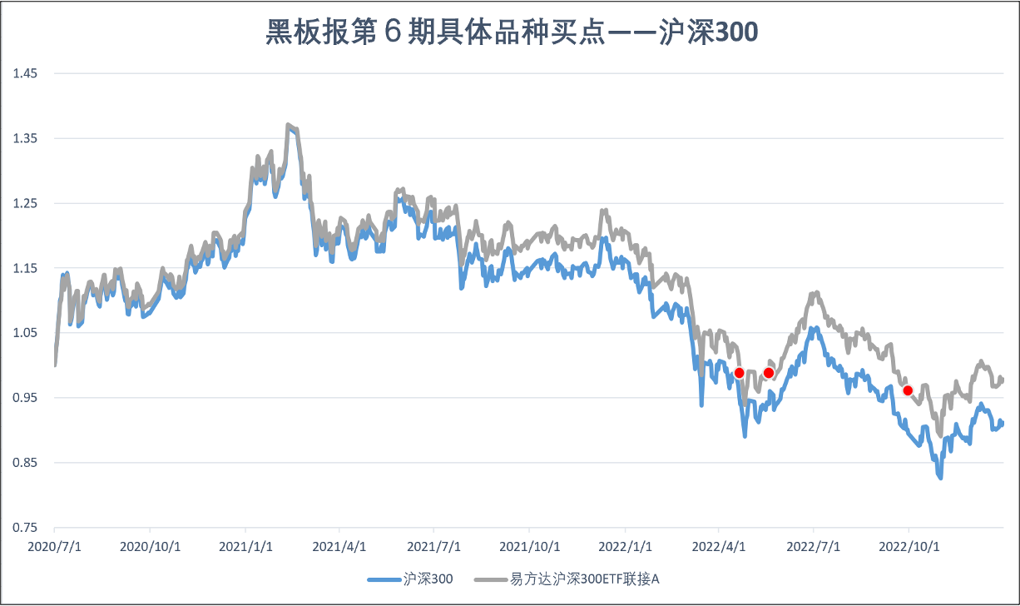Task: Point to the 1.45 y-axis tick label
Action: (x=25, y=73)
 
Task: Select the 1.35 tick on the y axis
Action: (x=25, y=138)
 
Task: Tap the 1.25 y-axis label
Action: (x=25, y=203)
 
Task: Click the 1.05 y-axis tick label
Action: (x=25, y=333)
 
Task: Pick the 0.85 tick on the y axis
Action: (x=25, y=463)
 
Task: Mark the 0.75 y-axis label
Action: (x=25, y=528)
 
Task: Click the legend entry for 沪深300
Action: (x=411, y=579)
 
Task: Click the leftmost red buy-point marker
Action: (x=739, y=373)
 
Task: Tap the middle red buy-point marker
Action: (x=769, y=373)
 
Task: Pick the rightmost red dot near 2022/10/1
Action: (x=908, y=390)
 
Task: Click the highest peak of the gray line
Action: (x=288, y=125)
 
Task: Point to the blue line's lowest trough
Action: (x=940, y=478)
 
